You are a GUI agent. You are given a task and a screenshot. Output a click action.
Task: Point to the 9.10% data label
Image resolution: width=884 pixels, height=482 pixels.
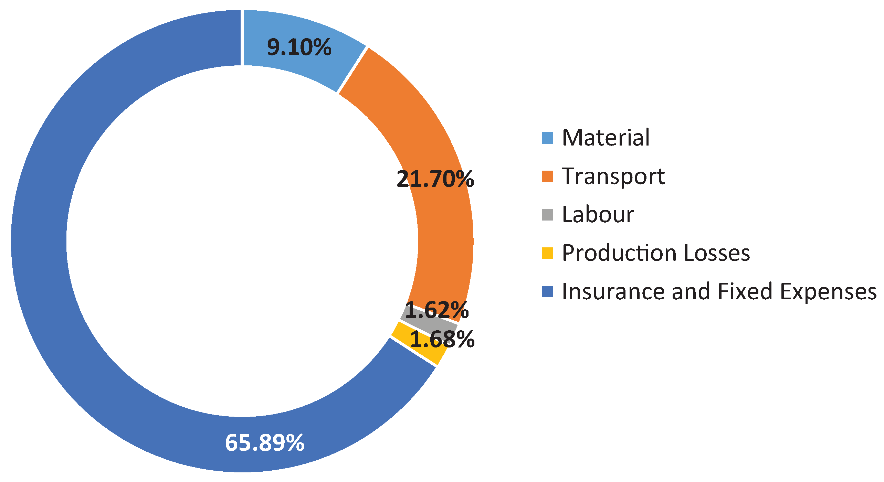click(299, 47)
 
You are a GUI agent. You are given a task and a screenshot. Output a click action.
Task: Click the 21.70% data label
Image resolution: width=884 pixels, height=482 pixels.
click(435, 179)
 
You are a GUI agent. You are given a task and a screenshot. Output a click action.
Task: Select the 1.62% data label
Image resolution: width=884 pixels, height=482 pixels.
click(436, 310)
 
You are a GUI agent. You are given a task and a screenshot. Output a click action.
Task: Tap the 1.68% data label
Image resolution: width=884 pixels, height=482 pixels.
click(442, 339)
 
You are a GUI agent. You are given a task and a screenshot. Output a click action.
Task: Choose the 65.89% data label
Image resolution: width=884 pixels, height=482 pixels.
click(264, 442)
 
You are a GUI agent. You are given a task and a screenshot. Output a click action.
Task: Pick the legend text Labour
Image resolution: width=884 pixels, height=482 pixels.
click(598, 214)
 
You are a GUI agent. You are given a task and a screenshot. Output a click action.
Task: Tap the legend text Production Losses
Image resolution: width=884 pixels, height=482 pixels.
click(656, 253)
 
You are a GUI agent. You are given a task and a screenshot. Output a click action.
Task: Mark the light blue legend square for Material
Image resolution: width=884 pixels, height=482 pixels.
click(547, 138)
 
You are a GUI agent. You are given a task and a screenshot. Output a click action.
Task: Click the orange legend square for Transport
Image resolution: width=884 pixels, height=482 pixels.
click(547, 176)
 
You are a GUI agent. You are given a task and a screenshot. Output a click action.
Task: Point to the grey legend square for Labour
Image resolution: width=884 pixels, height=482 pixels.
click(547, 215)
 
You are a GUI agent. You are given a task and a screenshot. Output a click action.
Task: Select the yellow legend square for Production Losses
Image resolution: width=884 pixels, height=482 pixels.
click(547, 253)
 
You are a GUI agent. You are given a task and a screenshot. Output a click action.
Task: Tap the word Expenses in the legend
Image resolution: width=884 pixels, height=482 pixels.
click(828, 291)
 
